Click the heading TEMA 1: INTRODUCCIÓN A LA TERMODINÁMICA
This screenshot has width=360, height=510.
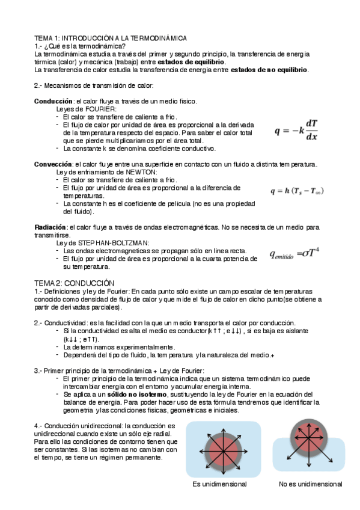tap(110, 38)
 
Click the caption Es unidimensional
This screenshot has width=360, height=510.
tap(219, 484)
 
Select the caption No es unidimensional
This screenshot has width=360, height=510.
tap(311, 484)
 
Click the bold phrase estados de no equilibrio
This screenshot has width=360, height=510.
tap(270, 70)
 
